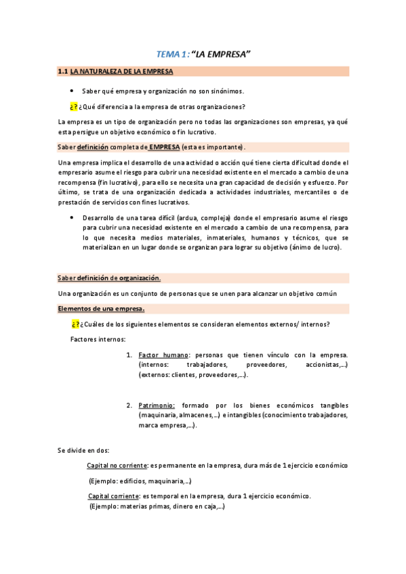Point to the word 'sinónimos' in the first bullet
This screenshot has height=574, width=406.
(x=223, y=90)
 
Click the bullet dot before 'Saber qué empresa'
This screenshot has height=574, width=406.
(x=73, y=90)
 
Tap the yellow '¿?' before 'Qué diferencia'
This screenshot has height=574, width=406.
(x=74, y=106)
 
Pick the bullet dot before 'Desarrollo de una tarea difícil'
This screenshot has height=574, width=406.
(x=73, y=217)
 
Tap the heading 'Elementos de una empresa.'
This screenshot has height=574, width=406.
(x=100, y=308)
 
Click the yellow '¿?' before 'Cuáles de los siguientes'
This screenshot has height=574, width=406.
(x=75, y=324)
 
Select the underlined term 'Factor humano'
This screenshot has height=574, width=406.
(x=163, y=355)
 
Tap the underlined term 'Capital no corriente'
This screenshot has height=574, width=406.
(x=117, y=466)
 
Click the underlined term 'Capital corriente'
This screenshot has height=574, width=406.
(x=112, y=496)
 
